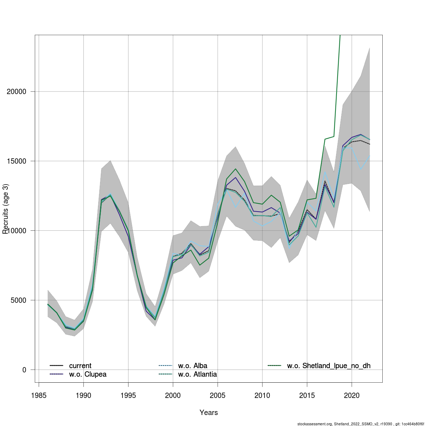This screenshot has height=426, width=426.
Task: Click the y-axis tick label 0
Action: [x=24, y=370]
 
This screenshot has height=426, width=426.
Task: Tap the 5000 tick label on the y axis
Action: [x=17, y=300]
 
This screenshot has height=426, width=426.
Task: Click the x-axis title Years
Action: [x=209, y=413]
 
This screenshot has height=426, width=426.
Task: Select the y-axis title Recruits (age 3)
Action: [x=5, y=209]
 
